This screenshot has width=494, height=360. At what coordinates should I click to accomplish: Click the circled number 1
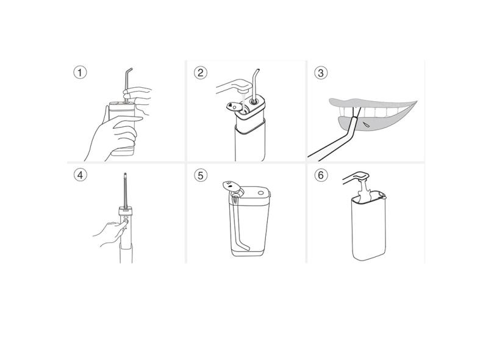tap(80, 73)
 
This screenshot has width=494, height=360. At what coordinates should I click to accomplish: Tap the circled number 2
tap(201, 73)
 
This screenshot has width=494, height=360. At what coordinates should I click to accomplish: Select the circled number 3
tap(321, 73)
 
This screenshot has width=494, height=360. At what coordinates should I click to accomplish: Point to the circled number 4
tap(80, 175)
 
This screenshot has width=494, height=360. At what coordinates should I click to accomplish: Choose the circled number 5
tap(201, 175)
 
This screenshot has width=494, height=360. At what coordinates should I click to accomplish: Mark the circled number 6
tap(321, 175)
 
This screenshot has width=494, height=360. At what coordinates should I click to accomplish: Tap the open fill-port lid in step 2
tap(233, 107)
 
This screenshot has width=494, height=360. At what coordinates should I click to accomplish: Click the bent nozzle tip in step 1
tap(128, 79)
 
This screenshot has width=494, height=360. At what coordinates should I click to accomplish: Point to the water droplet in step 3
tap(365, 124)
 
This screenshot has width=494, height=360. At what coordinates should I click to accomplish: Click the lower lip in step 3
tap(375, 126)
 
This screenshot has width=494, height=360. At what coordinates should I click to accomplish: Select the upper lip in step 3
tap(372, 103)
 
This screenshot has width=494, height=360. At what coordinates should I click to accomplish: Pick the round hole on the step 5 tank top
tap(261, 193)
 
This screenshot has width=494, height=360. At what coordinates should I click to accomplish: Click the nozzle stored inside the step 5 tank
tap(240, 224)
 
